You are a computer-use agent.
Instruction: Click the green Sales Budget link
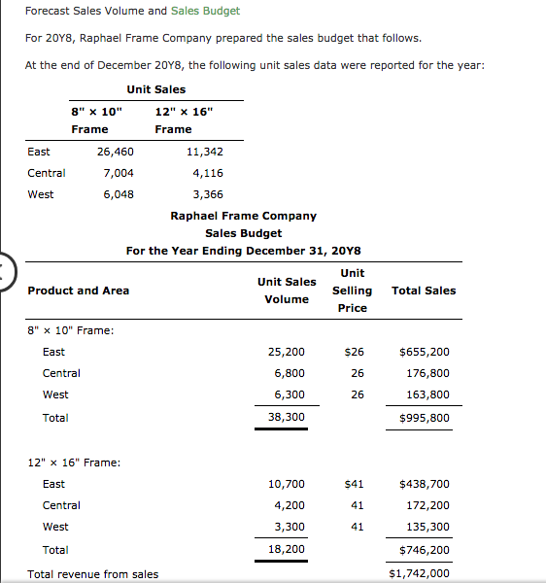click(x=205, y=11)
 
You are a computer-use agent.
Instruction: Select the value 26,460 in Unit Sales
click(x=116, y=152)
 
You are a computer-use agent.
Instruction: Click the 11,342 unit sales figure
click(x=204, y=152)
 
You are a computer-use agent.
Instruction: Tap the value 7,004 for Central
click(x=119, y=173)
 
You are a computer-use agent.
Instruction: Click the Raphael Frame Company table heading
click(x=243, y=216)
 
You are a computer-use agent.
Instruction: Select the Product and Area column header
click(x=79, y=291)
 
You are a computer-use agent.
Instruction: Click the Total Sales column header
click(x=423, y=291)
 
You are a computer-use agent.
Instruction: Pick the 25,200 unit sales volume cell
click(x=286, y=352)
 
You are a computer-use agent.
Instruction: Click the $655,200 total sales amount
click(x=425, y=352)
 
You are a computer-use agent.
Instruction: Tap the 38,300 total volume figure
click(x=286, y=417)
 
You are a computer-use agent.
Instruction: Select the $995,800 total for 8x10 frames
click(x=425, y=418)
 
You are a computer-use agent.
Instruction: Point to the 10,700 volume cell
click(x=286, y=484)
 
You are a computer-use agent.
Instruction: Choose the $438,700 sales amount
click(x=425, y=484)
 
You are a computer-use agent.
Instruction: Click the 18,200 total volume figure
click(x=286, y=549)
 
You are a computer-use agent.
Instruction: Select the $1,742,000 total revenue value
click(x=419, y=573)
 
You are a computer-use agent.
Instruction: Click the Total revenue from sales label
click(x=93, y=574)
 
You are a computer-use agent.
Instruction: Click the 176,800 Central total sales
click(x=427, y=373)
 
